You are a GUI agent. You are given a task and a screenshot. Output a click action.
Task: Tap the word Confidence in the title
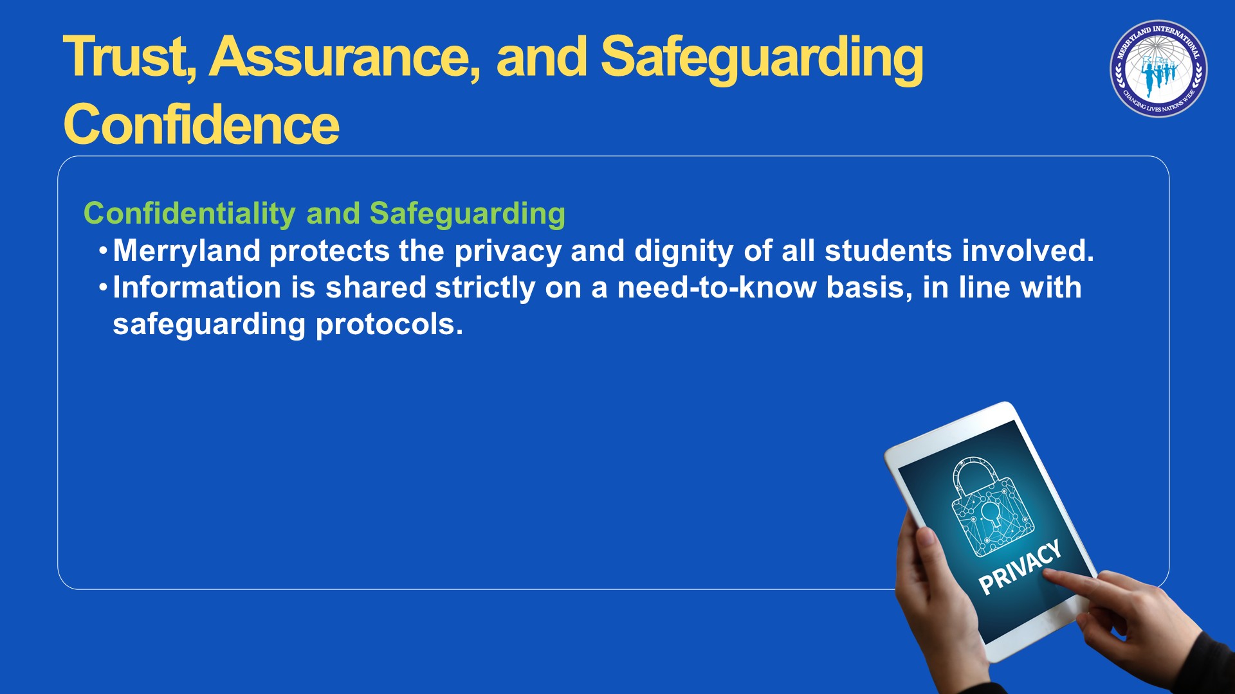[x=201, y=125]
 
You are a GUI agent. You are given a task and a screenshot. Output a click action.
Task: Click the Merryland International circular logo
[x=1158, y=69]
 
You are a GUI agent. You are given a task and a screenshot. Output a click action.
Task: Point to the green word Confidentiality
[x=190, y=214]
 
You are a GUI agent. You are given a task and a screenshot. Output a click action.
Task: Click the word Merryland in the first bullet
[x=187, y=251]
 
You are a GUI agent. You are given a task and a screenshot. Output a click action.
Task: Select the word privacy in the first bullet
[x=508, y=251]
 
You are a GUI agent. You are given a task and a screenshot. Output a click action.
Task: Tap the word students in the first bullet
[x=888, y=251]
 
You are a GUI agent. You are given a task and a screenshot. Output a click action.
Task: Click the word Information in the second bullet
[x=197, y=287]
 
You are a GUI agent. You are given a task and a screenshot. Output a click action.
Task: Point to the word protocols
[x=389, y=325]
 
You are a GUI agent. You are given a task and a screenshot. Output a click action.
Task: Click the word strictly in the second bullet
[x=485, y=288]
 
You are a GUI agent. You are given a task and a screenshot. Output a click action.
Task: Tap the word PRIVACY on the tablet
[x=1020, y=567]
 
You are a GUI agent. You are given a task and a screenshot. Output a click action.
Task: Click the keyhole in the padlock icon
[x=991, y=515]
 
